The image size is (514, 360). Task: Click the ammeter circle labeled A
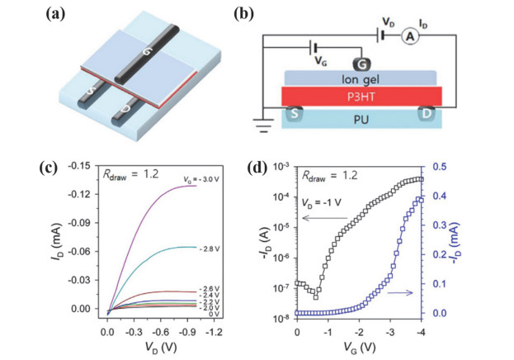pos(410,36)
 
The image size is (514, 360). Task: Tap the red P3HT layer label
pos(361,97)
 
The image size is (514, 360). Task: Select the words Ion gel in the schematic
pos(361,79)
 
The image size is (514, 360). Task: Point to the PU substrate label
pos(361,120)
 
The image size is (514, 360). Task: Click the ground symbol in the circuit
pos(263,125)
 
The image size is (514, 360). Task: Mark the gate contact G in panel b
pos(361,64)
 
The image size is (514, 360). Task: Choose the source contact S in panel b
pos(294,114)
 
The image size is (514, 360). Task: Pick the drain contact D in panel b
pos(427,114)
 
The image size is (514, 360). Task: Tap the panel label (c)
pos(48,168)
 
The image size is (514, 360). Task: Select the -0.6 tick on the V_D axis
pos(160,332)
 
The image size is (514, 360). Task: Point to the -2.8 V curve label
pos(209,249)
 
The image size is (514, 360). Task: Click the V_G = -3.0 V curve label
pos(200,179)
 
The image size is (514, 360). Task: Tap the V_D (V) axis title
pos(161,347)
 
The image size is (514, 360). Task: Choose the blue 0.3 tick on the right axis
pos(439,225)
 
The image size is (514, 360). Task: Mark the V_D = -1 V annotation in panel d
pos(321,202)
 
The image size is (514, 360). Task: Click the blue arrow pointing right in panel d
pos(400,292)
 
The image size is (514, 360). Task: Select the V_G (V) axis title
pos(359,347)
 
